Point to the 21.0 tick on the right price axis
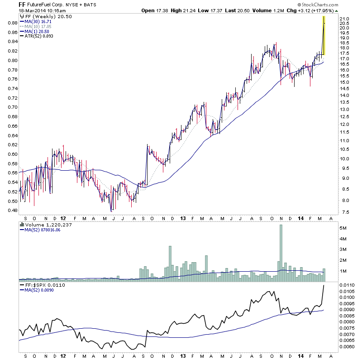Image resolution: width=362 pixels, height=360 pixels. tap(345, 18)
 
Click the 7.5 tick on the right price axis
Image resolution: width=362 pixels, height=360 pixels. tap(345, 212)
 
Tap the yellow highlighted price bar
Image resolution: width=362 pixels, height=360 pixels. tap(324, 35)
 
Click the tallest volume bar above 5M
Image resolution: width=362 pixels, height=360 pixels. tap(281, 251)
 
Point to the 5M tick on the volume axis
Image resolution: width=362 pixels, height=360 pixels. tap(344, 228)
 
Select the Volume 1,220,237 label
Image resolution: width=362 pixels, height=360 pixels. tap(49, 224)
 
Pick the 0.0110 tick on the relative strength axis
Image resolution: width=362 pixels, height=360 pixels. tap(349, 284)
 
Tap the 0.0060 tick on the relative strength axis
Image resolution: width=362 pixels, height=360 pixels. tap(349, 346)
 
